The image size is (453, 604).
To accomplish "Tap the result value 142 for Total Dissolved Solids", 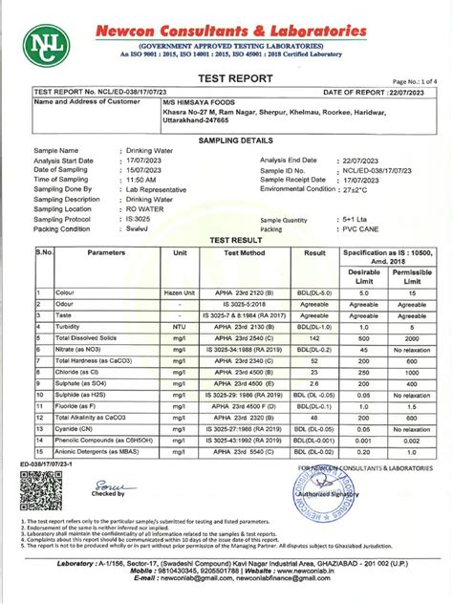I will [314, 338].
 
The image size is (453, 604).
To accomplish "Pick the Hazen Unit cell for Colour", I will [180, 291].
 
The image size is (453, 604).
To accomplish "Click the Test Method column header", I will [244, 252].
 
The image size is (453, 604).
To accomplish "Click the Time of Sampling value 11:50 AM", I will [144, 180].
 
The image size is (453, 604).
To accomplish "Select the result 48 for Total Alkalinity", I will [314, 419].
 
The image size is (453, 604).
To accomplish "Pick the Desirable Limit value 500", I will [361, 338].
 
